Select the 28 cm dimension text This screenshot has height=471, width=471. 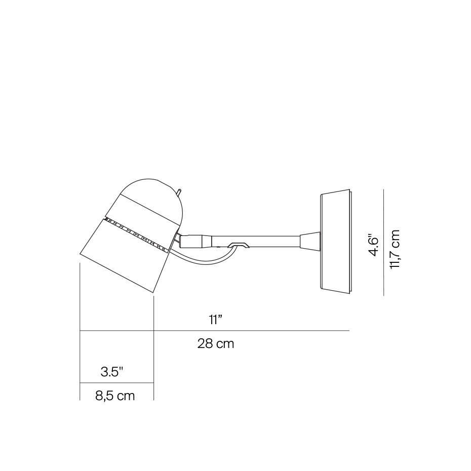[x=216, y=344]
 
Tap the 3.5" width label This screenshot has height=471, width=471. [x=112, y=372]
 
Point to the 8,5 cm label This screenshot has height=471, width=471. [x=115, y=396]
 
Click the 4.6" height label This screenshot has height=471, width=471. [x=374, y=245]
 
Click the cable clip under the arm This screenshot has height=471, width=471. [x=239, y=245]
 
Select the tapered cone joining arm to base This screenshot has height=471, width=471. [x=309, y=241]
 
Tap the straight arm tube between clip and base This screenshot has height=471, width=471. [x=273, y=241]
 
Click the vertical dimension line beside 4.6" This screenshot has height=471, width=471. [x=384, y=242]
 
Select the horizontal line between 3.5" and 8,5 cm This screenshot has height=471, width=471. [x=116, y=383]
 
